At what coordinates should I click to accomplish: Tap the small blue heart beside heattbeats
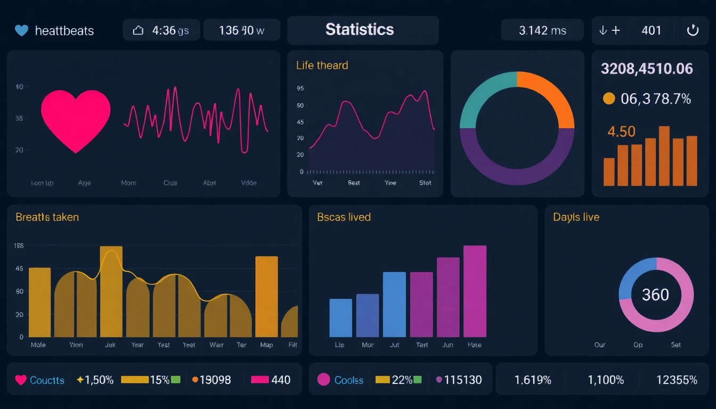pos(21,30)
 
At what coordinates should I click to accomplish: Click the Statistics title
pos(360,29)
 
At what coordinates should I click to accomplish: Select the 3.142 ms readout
pos(542,30)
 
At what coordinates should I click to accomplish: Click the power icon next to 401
pos(692,30)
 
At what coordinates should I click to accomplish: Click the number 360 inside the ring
pos(655,295)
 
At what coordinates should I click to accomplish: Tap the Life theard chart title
pos(322,66)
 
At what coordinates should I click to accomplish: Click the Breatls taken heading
pos(47,217)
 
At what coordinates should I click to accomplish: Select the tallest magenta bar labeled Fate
pos(475,291)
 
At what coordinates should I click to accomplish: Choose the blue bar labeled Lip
pos(340,318)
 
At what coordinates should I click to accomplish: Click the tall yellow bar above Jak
pos(111,292)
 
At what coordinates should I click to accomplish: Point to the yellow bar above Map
pos(266,297)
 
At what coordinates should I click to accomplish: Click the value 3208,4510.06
pos(646,69)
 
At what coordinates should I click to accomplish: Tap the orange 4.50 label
pos(621,132)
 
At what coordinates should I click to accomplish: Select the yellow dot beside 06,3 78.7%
pos(608,99)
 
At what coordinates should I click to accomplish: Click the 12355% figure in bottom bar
pos(677,380)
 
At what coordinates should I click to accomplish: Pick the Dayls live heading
pos(576,217)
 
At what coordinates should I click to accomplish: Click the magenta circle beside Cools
pos(323,380)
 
